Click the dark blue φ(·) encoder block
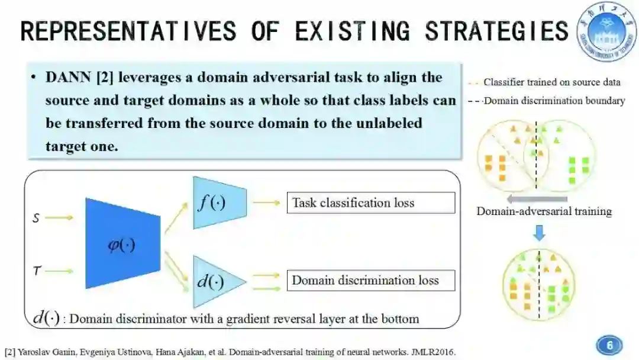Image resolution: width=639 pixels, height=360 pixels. pos(122,243)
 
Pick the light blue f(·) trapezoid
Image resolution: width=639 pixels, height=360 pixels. pos(219,202)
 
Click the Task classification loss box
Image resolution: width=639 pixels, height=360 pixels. pos(370,202)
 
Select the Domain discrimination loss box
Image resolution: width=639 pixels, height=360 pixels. pos(370,280)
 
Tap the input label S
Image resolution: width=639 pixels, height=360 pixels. pos(35,218)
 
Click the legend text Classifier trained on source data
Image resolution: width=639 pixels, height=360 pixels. pos(551,82)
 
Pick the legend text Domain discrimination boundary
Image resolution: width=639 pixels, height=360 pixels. pos(554,101)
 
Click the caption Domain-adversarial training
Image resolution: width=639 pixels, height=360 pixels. pos(544,211)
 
